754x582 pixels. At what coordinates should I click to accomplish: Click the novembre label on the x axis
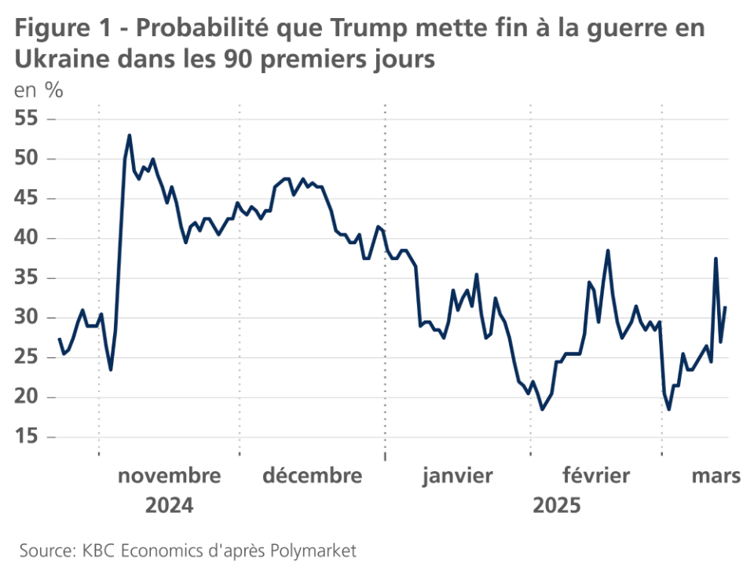(x=169, y=476)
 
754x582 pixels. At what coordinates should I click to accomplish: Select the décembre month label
(x=313, y=476)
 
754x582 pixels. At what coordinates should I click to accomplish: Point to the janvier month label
(x=457, y=476)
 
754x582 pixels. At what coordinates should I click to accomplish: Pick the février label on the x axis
(x=596, y=476)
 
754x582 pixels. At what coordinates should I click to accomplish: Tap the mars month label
(x=716, y=476)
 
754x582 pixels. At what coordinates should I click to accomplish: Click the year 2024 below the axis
(x=169, y=505)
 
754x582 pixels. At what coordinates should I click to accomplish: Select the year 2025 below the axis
(x=557, y=505)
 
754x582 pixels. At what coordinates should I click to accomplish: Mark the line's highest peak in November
(x=130, y=135)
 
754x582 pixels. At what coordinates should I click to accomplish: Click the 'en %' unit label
(x=38, y=90)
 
